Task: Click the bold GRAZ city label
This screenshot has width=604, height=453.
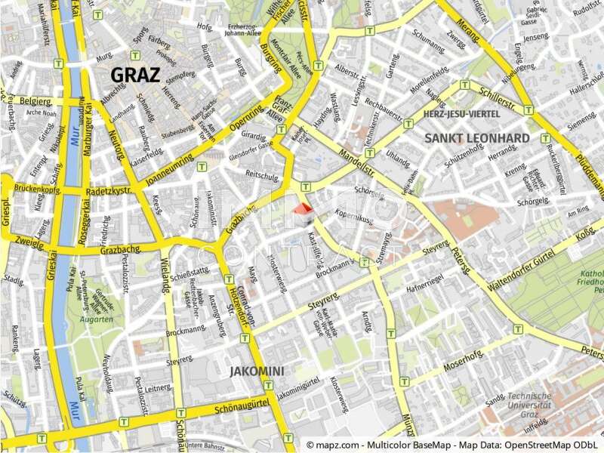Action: [135, 75]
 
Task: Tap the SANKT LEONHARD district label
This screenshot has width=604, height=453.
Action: [476, 138]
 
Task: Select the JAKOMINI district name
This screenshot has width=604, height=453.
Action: [257, 371]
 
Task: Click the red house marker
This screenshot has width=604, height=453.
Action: [303, 213]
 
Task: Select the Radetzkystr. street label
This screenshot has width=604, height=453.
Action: [109, 191]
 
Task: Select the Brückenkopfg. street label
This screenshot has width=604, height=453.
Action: [37, 189]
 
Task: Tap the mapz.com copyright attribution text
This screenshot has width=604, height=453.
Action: [451, 445]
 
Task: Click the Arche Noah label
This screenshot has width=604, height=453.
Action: [41, 112]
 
